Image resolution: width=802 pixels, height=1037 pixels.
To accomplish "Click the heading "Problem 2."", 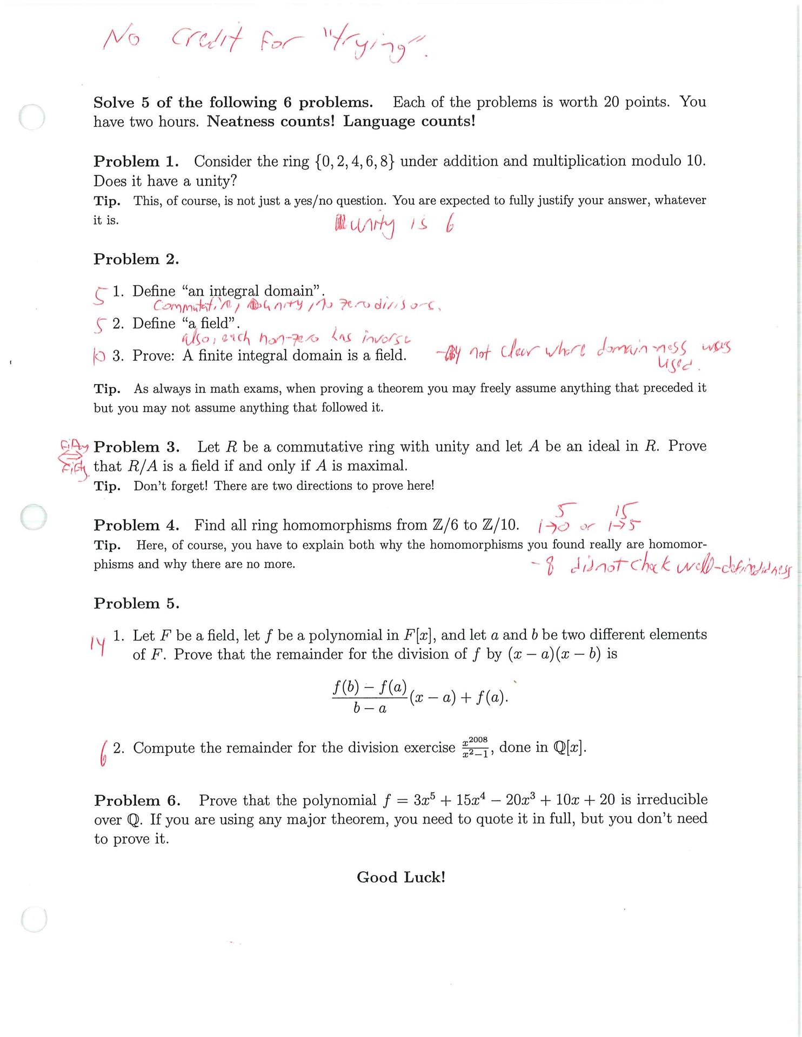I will coord(136,259).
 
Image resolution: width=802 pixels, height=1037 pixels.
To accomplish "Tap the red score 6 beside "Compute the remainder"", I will coord(103,751).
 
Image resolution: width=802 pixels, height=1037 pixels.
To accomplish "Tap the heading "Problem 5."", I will coord(136,603).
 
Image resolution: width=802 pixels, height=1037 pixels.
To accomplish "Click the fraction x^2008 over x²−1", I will coord(476,748).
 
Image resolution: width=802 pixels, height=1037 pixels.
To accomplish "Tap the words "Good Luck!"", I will coord(401,877).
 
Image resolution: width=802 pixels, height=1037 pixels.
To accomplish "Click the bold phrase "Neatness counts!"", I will coord(271,121).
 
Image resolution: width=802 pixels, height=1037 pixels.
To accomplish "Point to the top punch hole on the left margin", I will coord(32,117).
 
